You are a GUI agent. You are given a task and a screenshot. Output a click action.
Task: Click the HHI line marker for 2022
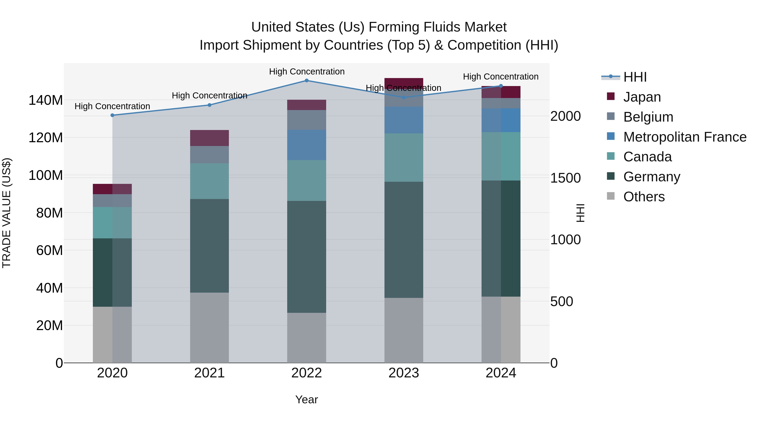(306, 81)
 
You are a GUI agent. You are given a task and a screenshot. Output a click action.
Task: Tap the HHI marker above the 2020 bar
(112, 115)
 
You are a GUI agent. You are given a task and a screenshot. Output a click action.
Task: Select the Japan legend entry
(642, 97)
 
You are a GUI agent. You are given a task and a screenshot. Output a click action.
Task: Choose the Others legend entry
(643, 197)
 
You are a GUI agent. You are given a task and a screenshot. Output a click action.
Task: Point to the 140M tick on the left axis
(46, 100)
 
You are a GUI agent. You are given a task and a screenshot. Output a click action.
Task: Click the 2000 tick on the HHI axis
(565, 116)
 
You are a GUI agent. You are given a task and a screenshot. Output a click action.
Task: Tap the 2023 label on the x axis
(403, 373)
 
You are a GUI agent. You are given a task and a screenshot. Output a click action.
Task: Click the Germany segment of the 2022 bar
(306, 257)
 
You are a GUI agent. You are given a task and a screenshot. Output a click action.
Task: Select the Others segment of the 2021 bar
(209, 328)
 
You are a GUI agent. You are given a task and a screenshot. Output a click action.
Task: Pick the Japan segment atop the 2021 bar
(209, 138)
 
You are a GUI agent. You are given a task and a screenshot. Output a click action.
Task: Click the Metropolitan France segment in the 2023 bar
(403, 120)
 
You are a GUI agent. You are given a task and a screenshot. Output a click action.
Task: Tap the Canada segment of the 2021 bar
(209, 181)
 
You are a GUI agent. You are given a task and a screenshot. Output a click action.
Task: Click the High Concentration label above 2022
(307, 72)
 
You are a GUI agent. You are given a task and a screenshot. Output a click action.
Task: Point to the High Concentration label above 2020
(112, 106)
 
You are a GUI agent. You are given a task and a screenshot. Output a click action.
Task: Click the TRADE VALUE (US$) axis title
(7, 213)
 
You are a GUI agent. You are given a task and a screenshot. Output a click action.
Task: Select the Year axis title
(306, 399)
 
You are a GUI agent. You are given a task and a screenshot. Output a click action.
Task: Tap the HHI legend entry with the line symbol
(624, 77)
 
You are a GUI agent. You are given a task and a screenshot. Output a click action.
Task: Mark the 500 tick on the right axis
(561, 301)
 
